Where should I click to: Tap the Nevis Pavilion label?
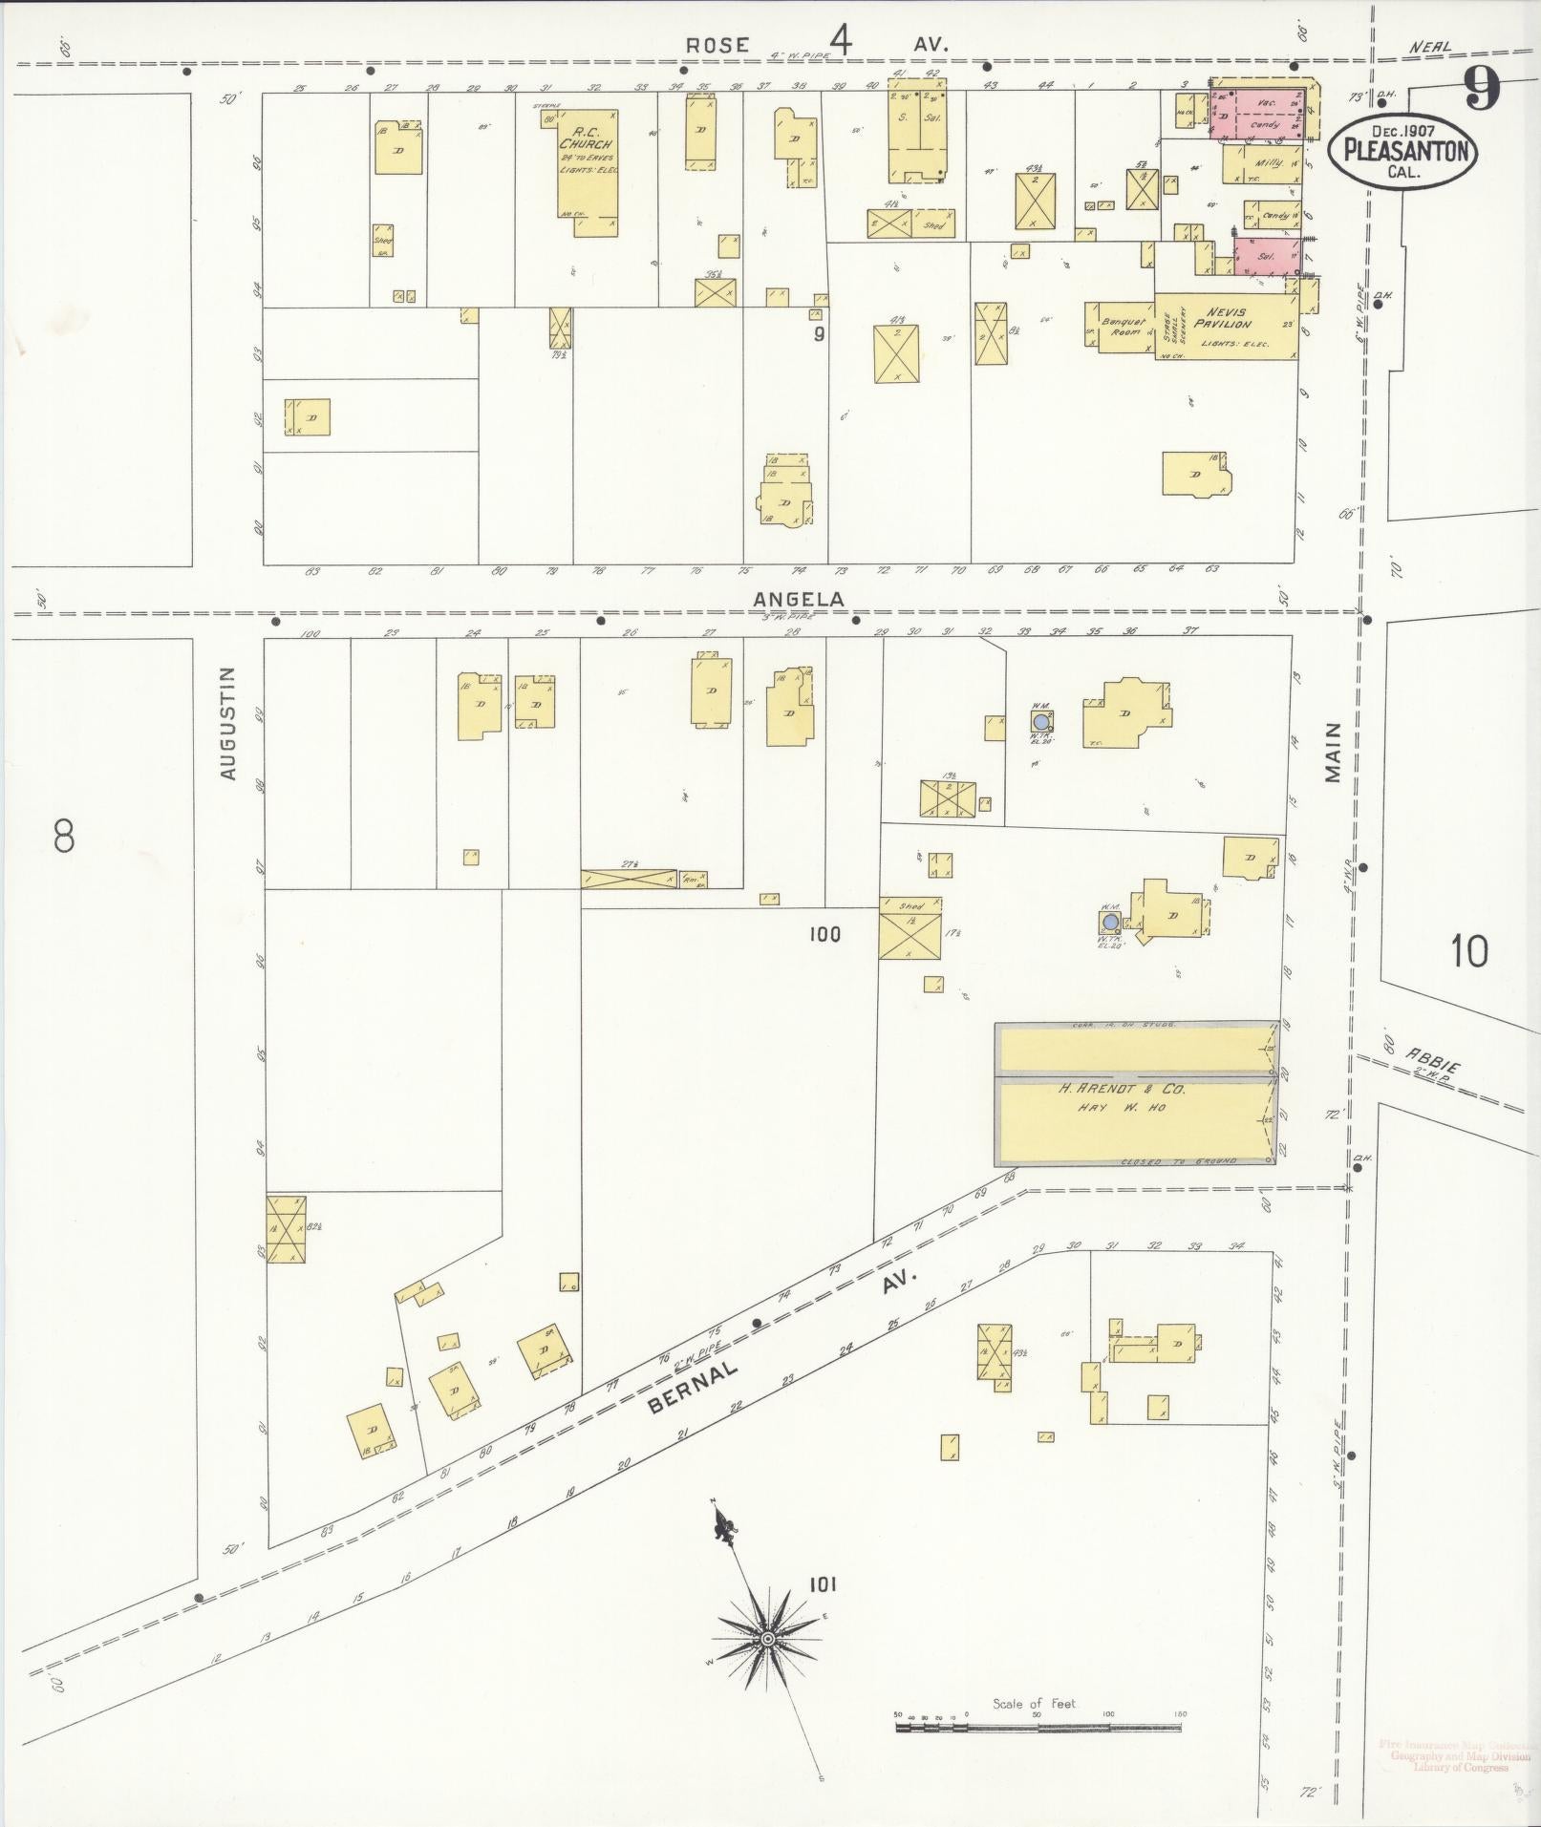click(1228, 318)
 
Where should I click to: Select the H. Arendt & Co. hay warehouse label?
click(1120, 1095)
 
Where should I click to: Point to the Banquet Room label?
click(1124, 326)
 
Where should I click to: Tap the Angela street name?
click(799, 599)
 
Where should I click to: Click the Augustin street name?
click(227, 724)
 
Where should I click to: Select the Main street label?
click(1334, 753)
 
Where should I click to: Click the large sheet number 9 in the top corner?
click(1482, 91)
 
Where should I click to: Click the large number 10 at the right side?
click(1469, 951)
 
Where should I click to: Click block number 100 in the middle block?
click(824, 934)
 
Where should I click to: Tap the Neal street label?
click(1430, 47)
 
